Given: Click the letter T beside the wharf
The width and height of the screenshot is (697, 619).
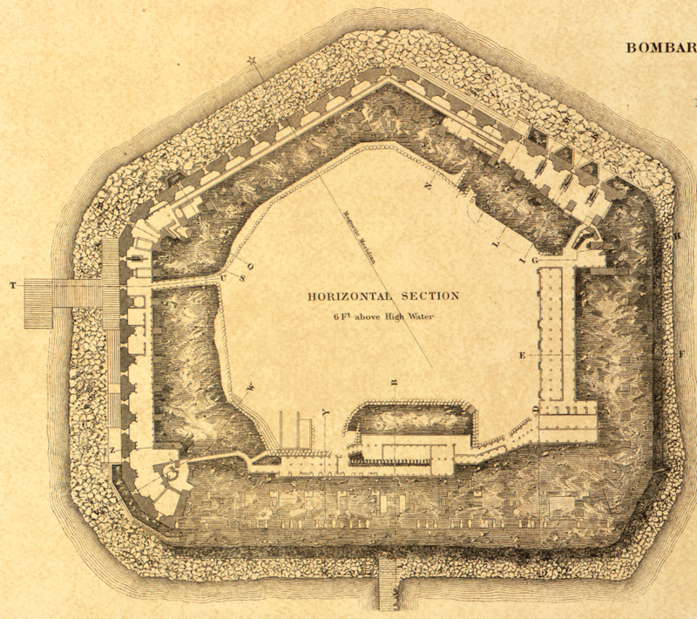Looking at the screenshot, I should (x=12, y=286).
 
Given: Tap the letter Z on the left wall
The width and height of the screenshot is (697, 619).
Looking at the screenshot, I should (x=113, y=449).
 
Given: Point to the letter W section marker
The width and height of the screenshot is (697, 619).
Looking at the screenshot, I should (x=249, y=386).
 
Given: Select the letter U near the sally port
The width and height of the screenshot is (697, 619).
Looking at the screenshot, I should (x=224, y=279).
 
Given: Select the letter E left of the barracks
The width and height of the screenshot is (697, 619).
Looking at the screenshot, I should (x=523, y=355).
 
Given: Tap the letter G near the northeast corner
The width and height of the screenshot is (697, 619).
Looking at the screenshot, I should (x=536, y=261).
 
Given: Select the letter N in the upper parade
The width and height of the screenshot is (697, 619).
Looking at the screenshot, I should (x=428, y=185).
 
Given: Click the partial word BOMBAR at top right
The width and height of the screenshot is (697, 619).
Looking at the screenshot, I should (x=660, y=47).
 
